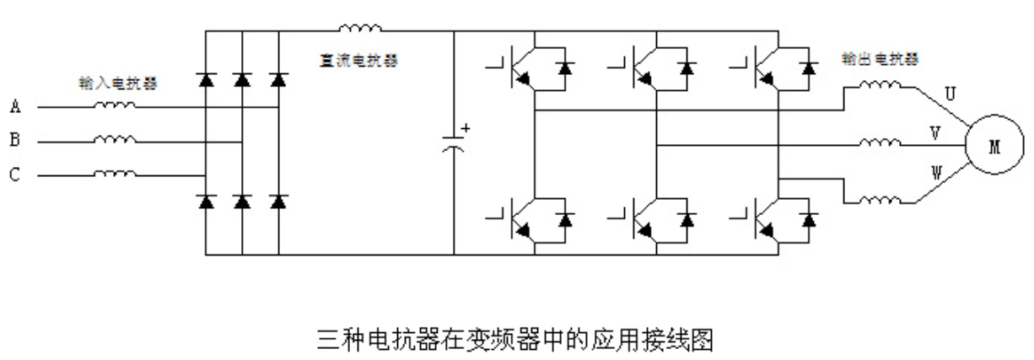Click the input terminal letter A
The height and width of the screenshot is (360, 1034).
(15, 107)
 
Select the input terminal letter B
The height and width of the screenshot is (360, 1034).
(15, 141)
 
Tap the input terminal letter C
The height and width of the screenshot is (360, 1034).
(15, 175)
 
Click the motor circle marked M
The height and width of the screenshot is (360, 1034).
(994, 147)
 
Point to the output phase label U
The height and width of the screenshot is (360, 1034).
(950, 95)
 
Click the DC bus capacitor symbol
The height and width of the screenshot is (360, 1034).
(455, 142)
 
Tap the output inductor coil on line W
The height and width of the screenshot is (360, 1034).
(880, 201)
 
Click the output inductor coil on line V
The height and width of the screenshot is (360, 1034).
(880, 142)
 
